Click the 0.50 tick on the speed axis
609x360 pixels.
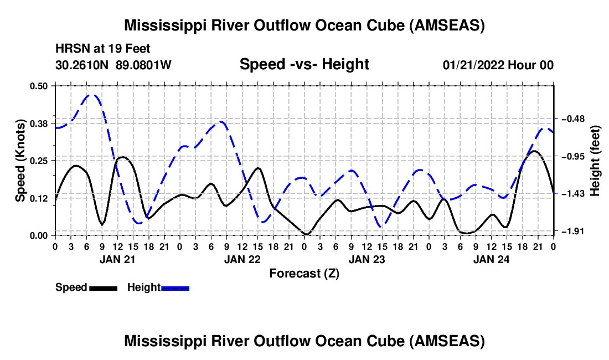click(41, 86)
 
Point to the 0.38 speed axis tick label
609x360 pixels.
click(41, 123)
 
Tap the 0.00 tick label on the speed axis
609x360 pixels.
click(41, 235)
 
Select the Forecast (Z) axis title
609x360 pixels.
click(304, 273)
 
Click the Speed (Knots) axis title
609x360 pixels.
click(20, 160)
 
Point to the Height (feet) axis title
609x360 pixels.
click(595, 161)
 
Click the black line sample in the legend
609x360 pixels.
click(103, 288)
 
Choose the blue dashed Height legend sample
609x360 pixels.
click(176, 288)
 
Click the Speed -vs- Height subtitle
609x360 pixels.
click(304, 65)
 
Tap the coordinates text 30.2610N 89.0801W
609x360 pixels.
click(113, 65)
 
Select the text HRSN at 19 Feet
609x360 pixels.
click(102, 49)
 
